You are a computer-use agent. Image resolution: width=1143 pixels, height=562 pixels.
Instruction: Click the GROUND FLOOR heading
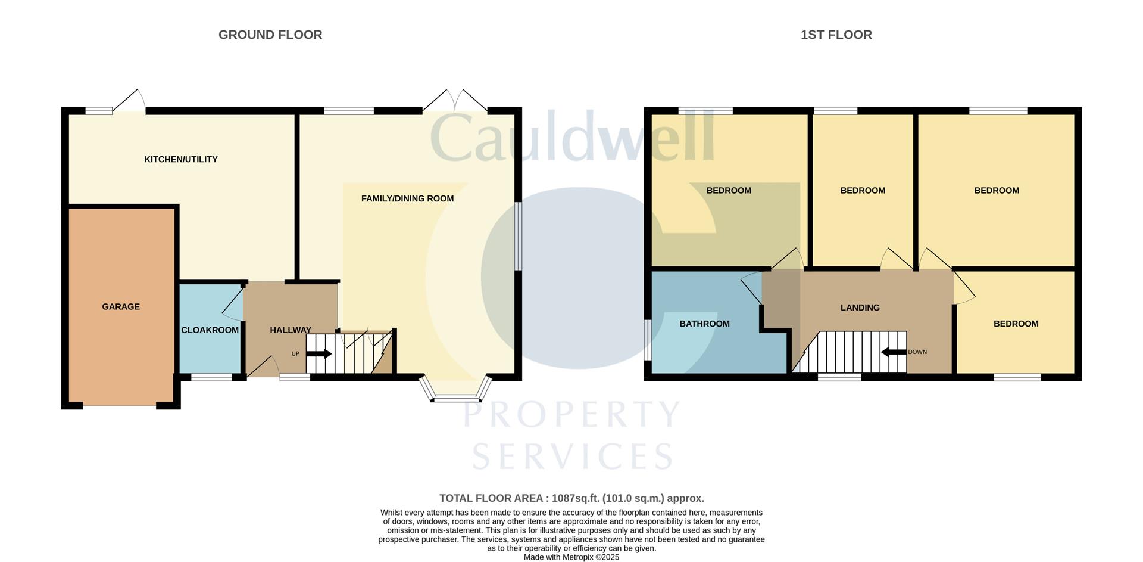click(270, 35)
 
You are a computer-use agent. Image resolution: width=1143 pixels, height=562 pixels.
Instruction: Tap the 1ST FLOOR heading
click(836, 35)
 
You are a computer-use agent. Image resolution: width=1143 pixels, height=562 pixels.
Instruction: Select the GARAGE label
click(121, 306)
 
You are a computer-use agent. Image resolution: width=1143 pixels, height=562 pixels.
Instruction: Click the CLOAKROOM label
click(210, 330)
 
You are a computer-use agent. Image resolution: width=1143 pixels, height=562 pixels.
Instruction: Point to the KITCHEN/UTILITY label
click(181, 159)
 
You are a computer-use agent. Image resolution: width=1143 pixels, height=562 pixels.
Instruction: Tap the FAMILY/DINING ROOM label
click(407, 198)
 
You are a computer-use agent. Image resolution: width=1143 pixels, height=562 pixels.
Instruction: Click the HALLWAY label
click(291, 330)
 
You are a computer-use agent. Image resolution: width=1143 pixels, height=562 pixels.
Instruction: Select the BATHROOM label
click(704, 324)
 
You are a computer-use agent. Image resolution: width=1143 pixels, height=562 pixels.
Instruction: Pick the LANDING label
click(860, 308)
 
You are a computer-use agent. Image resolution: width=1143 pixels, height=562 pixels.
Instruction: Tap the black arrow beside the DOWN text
click(894, 352)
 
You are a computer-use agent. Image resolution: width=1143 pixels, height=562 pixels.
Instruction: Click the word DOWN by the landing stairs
click(917, 352)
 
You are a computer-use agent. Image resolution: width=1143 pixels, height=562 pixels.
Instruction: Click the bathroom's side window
click(647, 340)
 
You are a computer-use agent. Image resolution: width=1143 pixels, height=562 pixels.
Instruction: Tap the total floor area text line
click(571, 498)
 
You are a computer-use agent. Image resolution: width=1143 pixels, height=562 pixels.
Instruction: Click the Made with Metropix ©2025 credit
click(571, 557)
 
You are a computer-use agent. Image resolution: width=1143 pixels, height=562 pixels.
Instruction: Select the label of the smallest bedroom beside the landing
click(1016, 324)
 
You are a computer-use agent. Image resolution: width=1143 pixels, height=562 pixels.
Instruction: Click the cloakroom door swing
click(232, 304)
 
